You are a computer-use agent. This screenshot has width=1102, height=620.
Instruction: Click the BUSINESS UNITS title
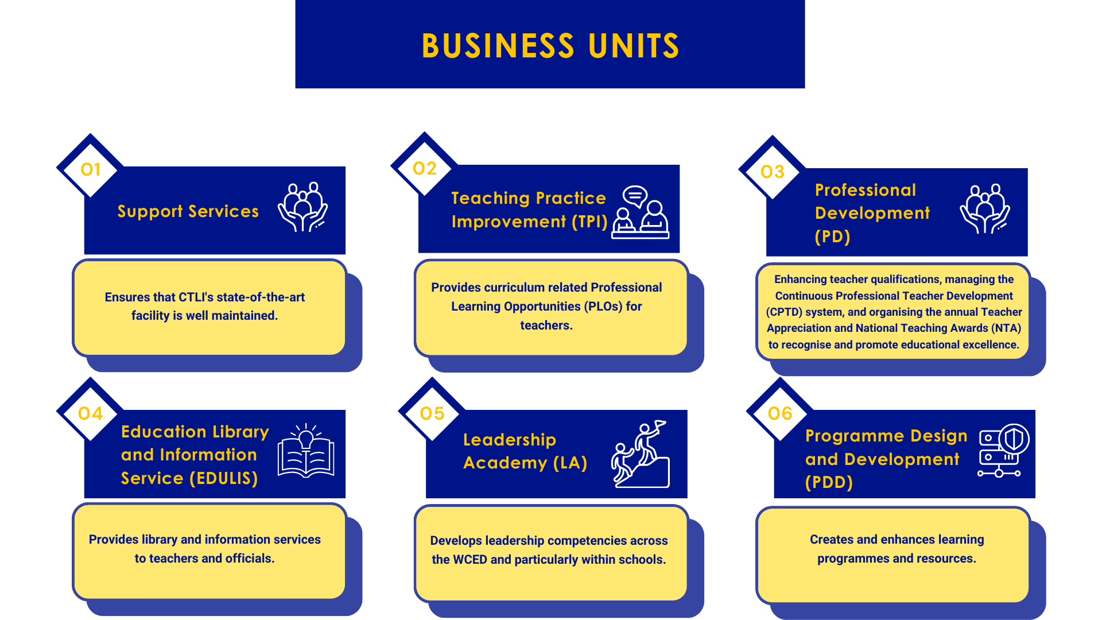point(550,46)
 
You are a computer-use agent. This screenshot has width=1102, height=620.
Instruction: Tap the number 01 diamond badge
point(90,168)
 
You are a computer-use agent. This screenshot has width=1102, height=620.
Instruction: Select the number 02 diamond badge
point(425,167)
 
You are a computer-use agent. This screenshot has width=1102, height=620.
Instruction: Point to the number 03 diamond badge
point(773,170)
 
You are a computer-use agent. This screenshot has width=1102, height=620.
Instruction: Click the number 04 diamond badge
point(90,413)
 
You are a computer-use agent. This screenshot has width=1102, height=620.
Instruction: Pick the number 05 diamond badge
point(432,413)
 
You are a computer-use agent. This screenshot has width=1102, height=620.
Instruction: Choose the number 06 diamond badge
point(780,413)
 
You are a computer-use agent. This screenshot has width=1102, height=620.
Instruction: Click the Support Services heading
point(188,211)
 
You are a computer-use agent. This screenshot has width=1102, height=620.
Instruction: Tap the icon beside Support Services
point(303,207)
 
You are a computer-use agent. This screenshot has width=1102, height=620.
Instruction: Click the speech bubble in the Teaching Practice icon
point(635,196)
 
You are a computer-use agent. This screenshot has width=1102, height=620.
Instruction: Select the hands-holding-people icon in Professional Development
point(985,209)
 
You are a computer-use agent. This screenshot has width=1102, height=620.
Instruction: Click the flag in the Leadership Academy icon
point(660,425)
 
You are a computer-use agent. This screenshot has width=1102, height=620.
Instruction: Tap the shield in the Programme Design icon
point(1014,440)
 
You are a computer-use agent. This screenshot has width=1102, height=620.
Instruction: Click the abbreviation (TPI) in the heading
point(589,222)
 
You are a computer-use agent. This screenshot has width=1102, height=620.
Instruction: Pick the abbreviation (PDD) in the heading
point(829,482)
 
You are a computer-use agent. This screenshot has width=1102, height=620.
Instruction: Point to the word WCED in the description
point(470,560)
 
